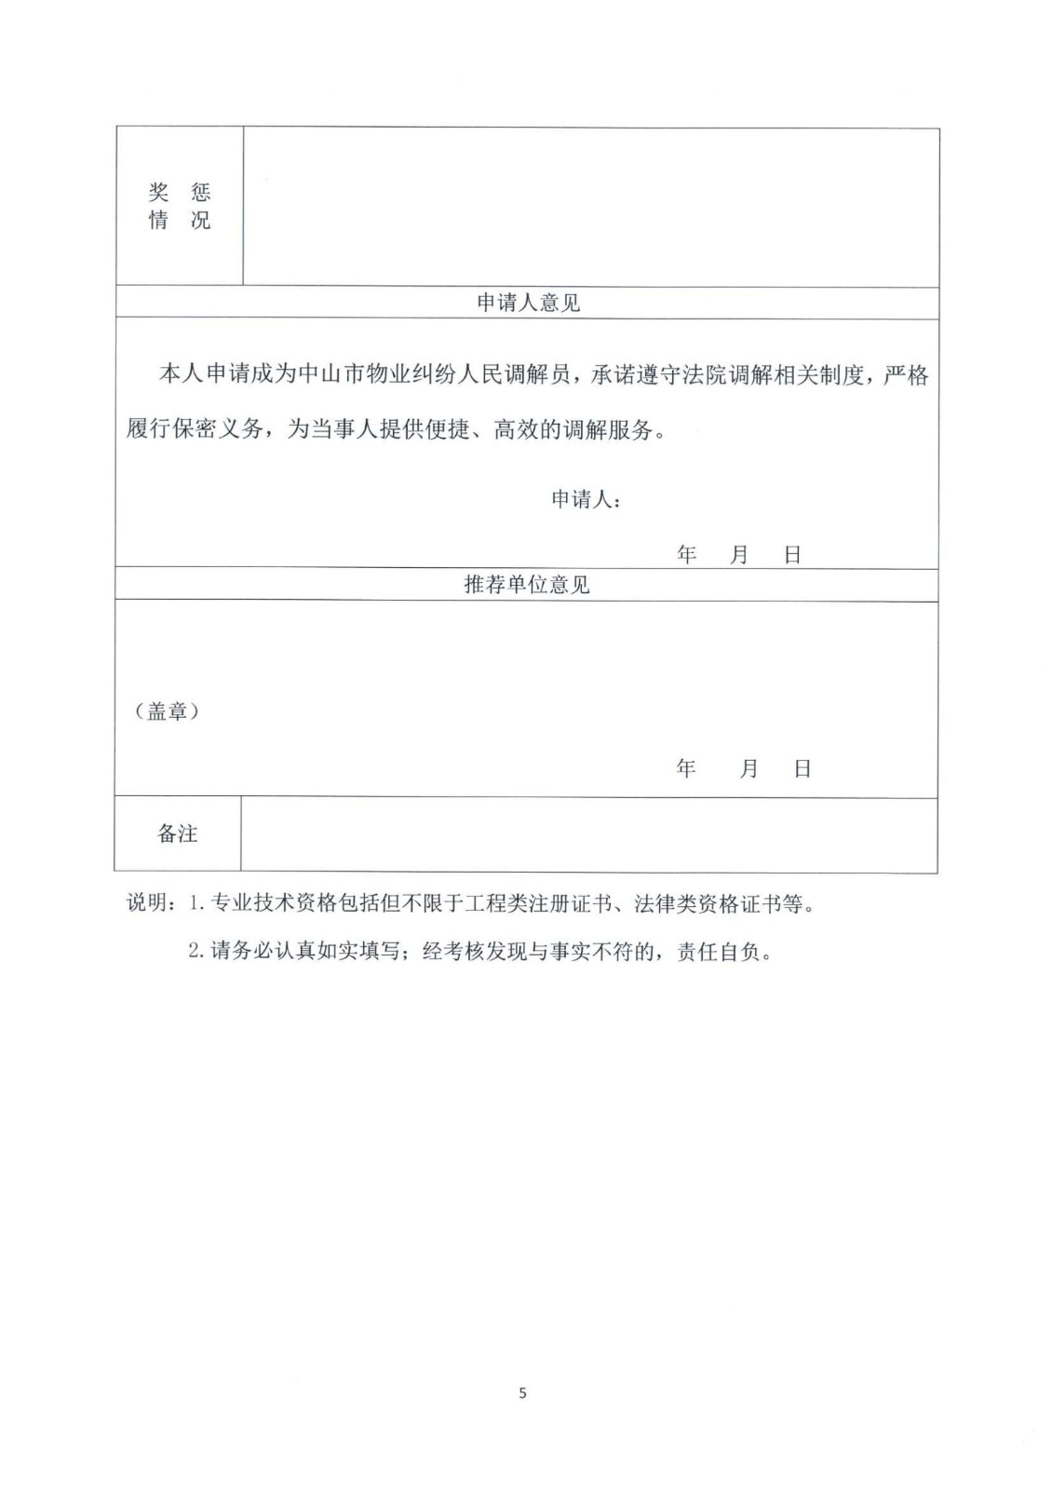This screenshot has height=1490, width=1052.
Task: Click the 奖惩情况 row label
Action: tap(180, 206)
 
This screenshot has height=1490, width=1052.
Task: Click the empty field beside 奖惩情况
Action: tap(590, 206)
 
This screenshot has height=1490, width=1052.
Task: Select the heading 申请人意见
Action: tap(528, 303)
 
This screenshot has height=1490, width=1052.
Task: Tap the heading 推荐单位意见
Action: tap(527, 585)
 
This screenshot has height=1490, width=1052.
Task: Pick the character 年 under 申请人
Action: tap(687, 555)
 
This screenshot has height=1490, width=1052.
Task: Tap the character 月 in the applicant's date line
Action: tap(739, 555)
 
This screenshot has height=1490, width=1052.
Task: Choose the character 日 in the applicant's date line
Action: tap(792, 555)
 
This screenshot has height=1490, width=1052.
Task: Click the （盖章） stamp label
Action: tap(168, 711)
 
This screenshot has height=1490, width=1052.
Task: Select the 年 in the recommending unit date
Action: tap(687, 768)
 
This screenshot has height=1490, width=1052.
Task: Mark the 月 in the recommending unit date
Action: tap(749, 768)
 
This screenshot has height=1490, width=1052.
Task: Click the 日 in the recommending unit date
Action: tap(802, 768)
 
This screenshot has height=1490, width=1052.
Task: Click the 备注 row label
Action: tap(177, 833)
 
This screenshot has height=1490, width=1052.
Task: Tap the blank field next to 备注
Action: tap(588, 833)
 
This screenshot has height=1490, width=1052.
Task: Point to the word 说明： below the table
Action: tap(152, 903)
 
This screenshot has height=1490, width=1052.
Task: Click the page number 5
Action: tap(522, 1393)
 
